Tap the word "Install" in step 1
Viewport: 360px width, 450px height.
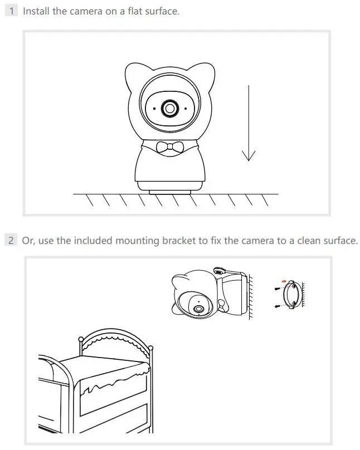36,11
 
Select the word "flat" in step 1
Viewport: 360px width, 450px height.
130,11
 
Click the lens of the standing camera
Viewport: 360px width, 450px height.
169,108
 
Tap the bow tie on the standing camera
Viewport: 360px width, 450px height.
169,147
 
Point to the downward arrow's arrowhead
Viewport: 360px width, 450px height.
249,155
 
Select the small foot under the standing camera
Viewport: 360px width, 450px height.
169,192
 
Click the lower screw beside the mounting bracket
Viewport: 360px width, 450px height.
276,306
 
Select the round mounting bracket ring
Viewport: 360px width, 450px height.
291,295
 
